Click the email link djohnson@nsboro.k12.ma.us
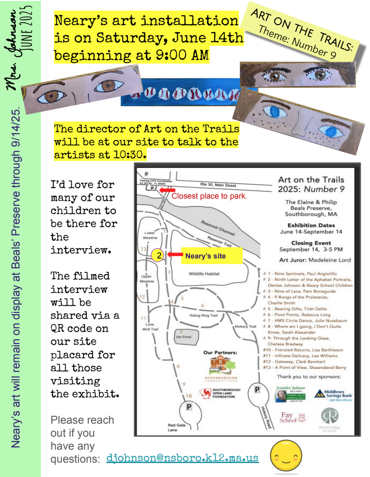(182, 458)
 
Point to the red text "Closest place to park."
(209, 196)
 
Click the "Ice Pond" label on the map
(184, 337)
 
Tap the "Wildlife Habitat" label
(204, 274)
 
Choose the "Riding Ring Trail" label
(204, 315)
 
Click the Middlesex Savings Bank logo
(333, 394)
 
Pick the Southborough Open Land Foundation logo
(219, 393)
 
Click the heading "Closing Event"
(311, 243)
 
